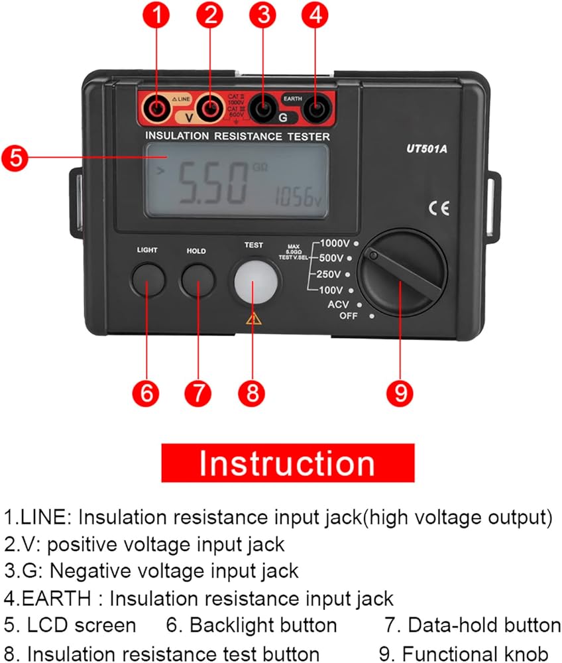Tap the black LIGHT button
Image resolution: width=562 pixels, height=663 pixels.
click(147, 280)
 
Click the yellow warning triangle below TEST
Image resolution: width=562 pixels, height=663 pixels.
click(253, 319)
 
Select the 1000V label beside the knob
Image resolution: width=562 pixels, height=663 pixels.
click(336, 243)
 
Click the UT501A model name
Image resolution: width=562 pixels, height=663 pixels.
click(427, 149)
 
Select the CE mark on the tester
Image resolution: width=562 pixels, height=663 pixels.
click(439, 210)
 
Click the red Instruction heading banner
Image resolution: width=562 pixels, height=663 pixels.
click(288, 463)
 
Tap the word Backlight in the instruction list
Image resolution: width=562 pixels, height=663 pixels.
click(230, 625)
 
